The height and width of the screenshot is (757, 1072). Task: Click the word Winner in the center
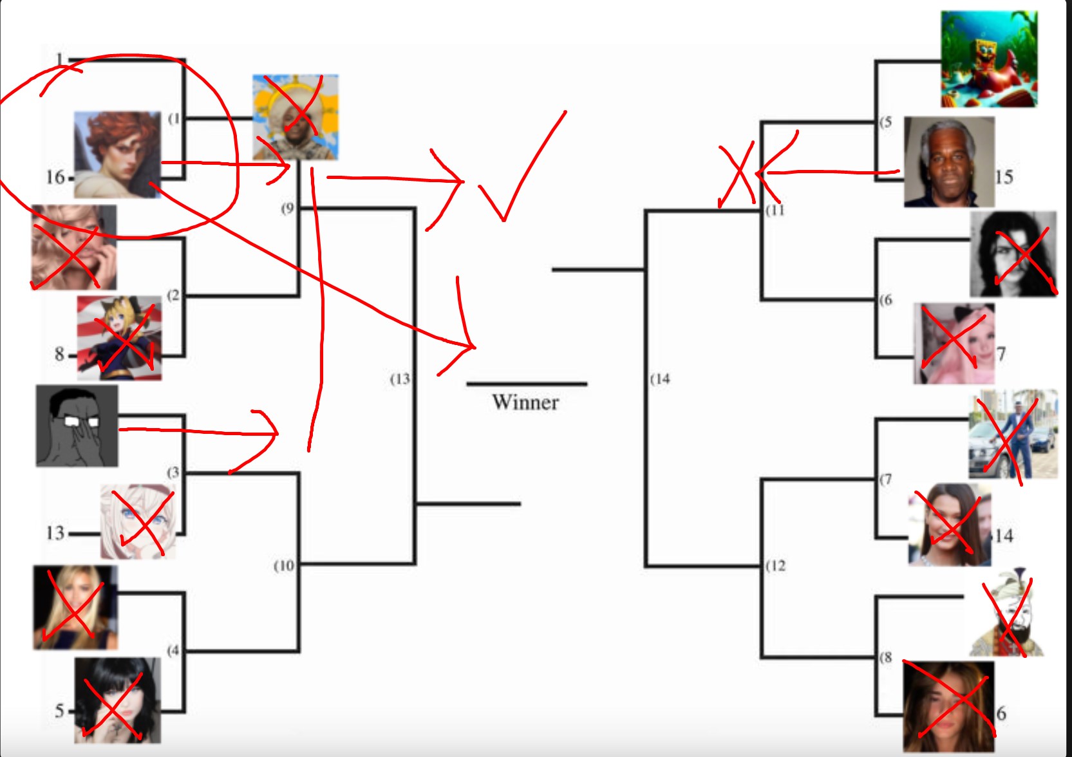[525, 402]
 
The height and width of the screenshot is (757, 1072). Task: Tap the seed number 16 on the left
[55, 177]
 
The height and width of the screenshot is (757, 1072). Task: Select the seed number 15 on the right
[1004, 177]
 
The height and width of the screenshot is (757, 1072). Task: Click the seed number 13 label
[55, 533]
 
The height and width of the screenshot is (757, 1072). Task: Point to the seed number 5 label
[59, 711]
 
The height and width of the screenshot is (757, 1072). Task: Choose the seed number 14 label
[1004, 536]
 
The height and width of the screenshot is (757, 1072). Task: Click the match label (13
[400, 379]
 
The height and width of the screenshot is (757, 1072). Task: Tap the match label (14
[660, 379]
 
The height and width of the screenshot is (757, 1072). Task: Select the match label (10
[284, 566]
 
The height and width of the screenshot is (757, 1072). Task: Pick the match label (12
[776, 566]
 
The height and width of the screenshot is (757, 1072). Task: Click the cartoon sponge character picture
[988, 59]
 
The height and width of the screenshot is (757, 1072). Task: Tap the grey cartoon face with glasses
[77, 426]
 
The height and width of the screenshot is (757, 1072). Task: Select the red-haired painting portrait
[117, 154]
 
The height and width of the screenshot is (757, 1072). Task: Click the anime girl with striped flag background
[120, 338]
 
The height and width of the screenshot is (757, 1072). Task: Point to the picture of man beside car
[1013, 434]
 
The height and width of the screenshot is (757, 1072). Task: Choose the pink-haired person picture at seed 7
[954, 344]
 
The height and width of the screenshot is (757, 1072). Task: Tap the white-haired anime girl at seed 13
[138, 521]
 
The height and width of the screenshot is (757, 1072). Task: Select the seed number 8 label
[59, 354]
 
